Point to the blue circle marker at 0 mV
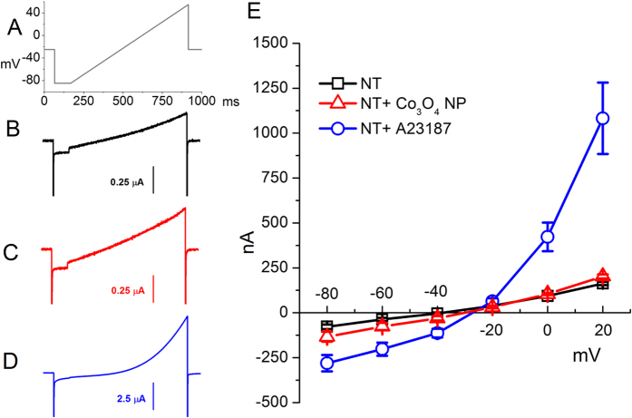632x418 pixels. click(547, 237)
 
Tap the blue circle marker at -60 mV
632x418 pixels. click(382, 349)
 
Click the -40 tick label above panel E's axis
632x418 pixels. click(437, 293)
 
